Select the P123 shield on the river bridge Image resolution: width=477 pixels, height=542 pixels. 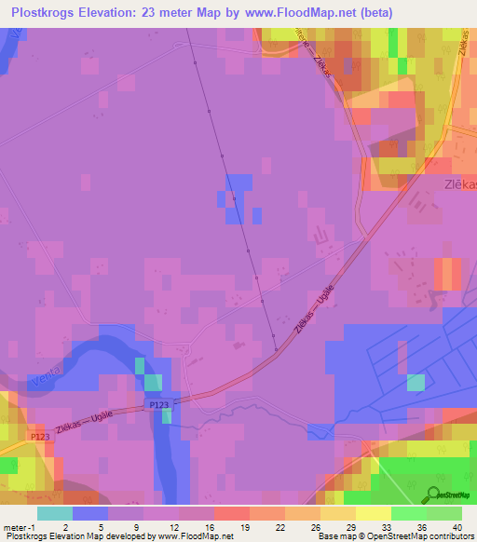pyautogui.click(x=159, y=406)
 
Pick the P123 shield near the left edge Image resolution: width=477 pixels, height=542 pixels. pyautogui.click(x=39, y=436)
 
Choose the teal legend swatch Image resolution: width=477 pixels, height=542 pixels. pyautogui.click(x=54, y=513)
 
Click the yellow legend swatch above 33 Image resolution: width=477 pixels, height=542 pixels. pyautogui.click(x=373, y=513)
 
